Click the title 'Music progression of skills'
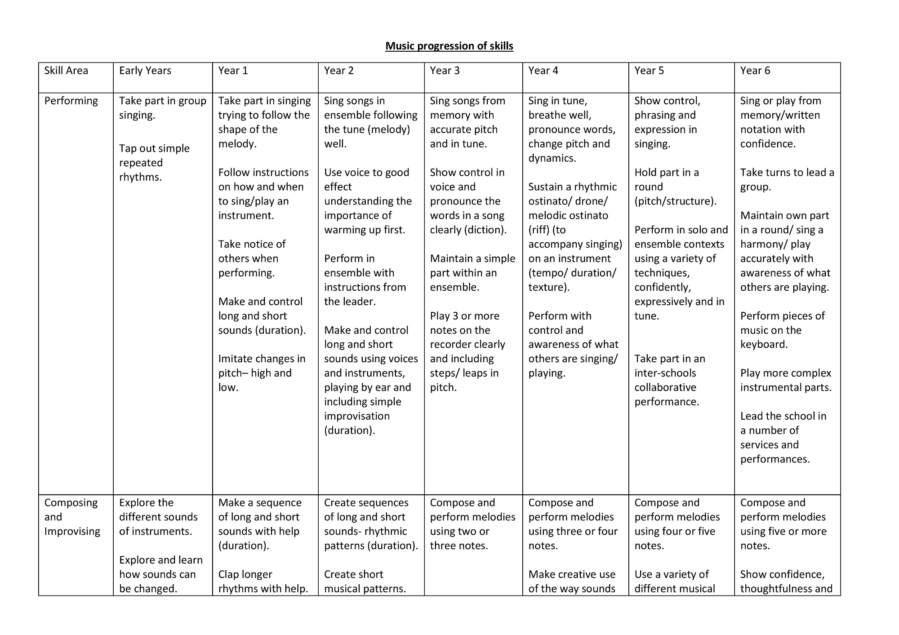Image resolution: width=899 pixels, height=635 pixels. (x=449, y=46)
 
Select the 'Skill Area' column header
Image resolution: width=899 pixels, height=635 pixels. (x=66, y=71)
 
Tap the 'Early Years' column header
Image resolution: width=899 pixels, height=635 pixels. (x=145, y=71)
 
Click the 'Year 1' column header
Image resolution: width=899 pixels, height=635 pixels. (x=233, y=71)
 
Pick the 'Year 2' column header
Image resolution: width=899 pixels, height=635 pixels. (x=339, y=71)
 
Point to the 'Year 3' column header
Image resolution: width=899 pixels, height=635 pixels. (x=445, y=71)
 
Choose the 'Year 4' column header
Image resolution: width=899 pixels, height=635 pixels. (x=543, y=71)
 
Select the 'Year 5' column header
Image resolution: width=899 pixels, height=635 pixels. (x=649, y=71)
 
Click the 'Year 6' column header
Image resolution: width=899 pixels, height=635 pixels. (x=755, y=71)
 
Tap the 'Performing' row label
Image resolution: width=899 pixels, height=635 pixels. (x=71, y=101)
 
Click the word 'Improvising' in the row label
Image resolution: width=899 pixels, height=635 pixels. (x=72, y=531)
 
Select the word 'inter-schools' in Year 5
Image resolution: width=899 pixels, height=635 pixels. (x=665, y=373)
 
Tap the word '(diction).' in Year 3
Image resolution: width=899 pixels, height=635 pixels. (x=486, y=230)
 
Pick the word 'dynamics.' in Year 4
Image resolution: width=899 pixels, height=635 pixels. (x=552, y=158)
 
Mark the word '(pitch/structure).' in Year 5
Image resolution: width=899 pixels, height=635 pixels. (x=676, y=201)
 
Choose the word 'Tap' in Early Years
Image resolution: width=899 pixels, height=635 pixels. (x=127, y=148)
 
